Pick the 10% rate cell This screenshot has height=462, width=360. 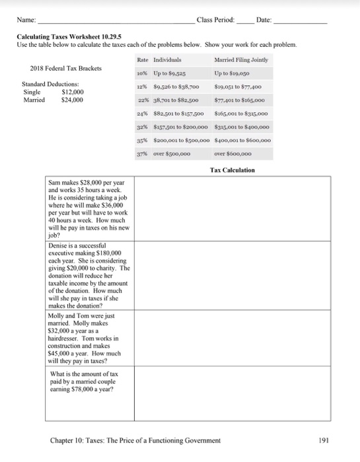point(141,75)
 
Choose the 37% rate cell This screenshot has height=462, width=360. point(141,154)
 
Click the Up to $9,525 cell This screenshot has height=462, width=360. point(169,75)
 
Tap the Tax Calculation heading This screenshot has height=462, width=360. point(232,170)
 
